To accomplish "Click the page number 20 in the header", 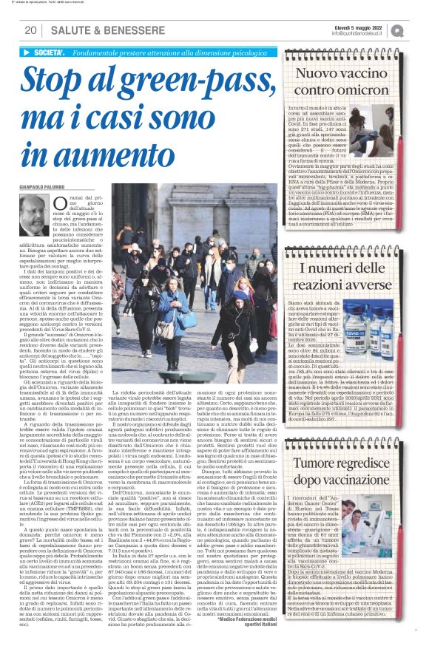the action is [x=32, y=30].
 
